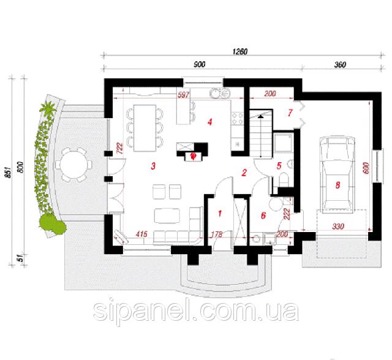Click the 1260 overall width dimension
click(240, 51)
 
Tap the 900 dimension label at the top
click(200, 64)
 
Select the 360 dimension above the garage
click(340, 65)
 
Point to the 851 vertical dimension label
click(9, 171)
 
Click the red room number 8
click(337, 185)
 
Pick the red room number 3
click(153, 166)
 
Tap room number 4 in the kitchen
click(209, 122)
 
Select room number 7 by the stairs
click(290, 113)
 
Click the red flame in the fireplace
click(193, 156)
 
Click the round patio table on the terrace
click(74, 165)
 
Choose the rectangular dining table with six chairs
click(145, 128)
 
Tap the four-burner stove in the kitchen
click(237, 118)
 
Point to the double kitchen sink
click(220, 93)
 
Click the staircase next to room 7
click(261, 133)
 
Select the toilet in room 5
click(284, 179)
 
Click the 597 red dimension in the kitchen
click(184, 95)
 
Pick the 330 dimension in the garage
click(338, 227)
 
